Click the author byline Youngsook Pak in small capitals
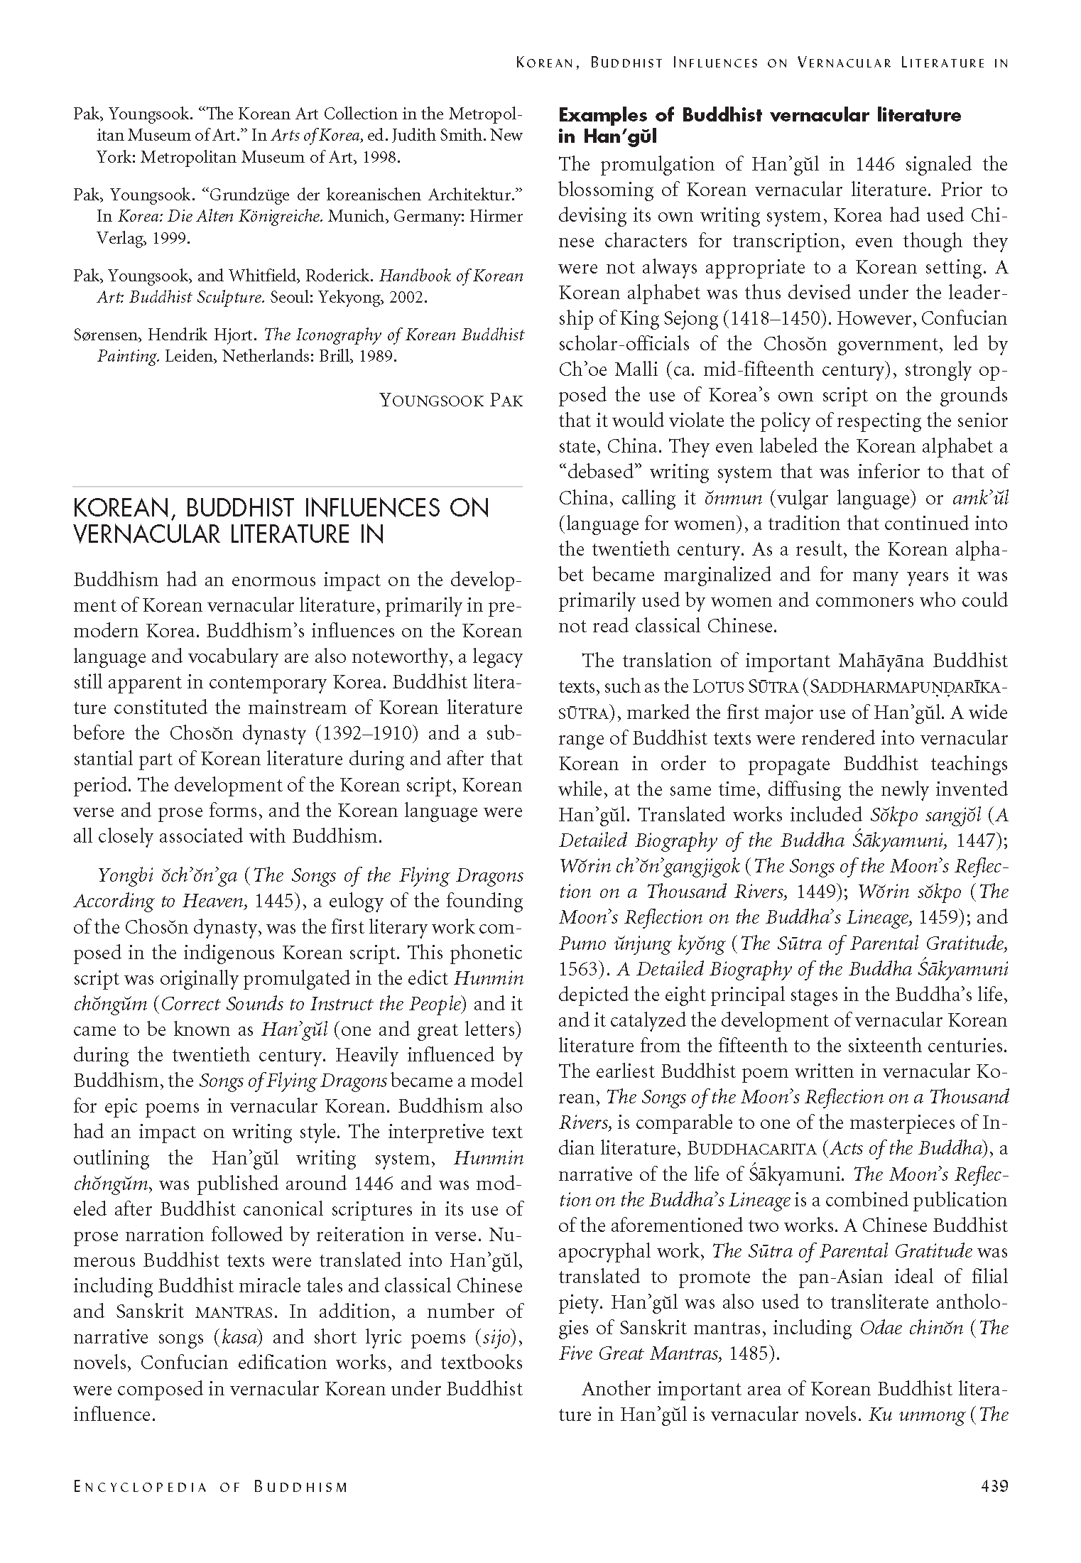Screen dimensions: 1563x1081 [x=451, y=400]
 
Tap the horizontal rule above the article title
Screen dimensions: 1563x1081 [x=298, y=487]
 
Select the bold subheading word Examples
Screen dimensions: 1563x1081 [x=604, y=115]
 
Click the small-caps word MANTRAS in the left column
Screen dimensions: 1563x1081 [x=227, y=1312]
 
